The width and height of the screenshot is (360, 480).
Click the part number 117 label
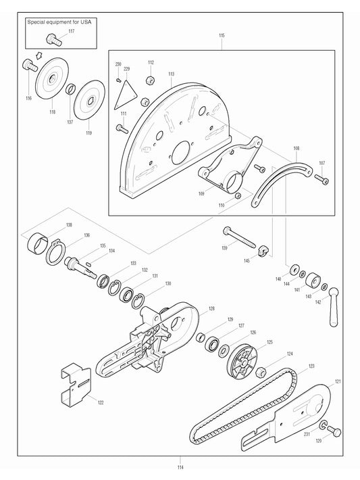(x=71, y=31)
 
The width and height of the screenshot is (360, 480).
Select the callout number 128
(x=211, y=308)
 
